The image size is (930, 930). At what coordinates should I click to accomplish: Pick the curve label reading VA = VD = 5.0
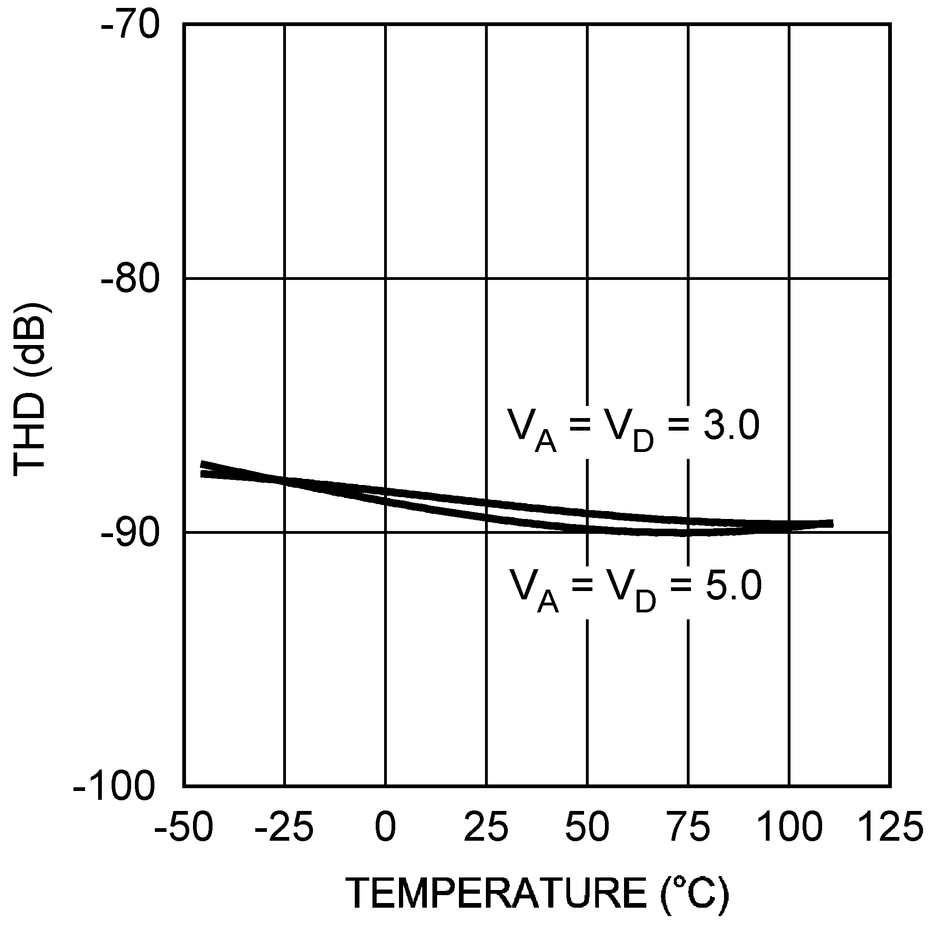point(636,589)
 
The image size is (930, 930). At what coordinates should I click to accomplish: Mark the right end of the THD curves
point(832,524)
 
